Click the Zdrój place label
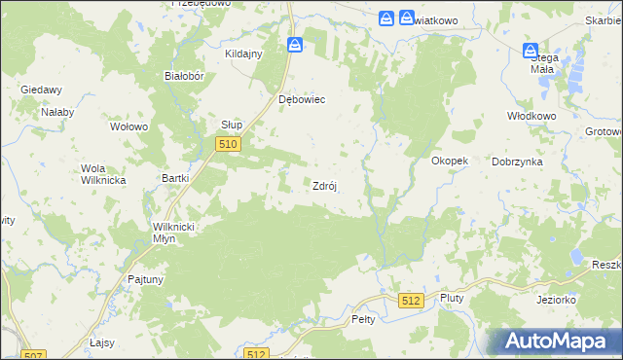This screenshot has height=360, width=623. (x=324, y=186)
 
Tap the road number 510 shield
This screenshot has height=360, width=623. (x=227, y=144)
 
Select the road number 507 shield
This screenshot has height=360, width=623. (x=33, y=354)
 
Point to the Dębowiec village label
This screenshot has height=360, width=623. (x=301, y=99)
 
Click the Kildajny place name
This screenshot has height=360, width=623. (x=244, y=54)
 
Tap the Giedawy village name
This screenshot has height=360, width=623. (x=41, y=90)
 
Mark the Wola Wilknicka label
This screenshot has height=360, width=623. (x=99, y=173)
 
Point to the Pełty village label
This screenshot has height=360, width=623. (x=363, y=318)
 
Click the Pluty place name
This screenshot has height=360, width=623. (x=452, y=298)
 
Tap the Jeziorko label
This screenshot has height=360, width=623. (x=556, y=300)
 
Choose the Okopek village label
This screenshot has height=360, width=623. (x=450, y=161)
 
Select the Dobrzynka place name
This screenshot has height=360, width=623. (x=515, y=162)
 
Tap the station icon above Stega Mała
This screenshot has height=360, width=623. (x=531, y=50)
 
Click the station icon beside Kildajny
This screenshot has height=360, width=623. (x=295, y=44)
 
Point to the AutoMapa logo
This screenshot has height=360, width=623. (x=559, y=342)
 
